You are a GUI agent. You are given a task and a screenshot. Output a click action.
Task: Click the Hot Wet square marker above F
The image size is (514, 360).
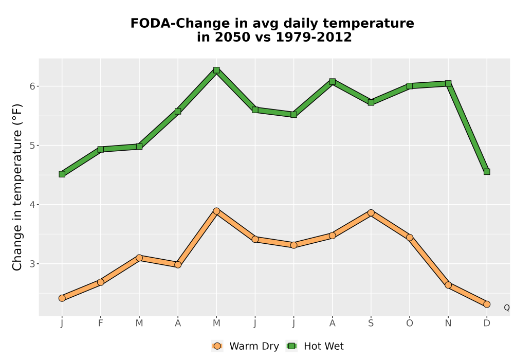tap(101, 149)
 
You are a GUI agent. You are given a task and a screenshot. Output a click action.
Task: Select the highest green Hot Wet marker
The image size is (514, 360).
tap(216, 70)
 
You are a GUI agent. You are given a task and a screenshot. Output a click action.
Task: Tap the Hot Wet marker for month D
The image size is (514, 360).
tap(487, 171)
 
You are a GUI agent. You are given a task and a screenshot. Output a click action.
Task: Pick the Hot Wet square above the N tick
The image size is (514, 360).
tap(448, 84)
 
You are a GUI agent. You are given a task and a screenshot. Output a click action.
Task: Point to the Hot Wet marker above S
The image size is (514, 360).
tap(371, 102)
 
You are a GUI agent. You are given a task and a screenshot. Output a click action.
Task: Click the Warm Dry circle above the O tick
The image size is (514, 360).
tap(410, 238)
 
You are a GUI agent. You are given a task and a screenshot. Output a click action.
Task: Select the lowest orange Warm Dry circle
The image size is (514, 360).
tap(487, 304)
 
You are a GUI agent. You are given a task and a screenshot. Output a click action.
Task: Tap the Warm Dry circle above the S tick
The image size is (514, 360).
tap(371, 213)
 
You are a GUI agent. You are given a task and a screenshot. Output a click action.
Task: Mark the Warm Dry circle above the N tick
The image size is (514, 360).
tap(448, 285)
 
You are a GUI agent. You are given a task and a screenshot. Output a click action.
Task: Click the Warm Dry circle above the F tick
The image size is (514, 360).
tap(101, 282)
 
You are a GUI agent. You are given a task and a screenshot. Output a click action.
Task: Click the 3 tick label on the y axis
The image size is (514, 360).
tap(32, 264)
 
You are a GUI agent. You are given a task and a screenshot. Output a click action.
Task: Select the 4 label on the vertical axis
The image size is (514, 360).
tap(32, 205)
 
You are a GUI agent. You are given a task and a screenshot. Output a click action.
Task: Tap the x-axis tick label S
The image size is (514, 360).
tap(371, 323)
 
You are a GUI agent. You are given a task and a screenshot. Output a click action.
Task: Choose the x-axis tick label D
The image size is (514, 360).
tap(487, 323)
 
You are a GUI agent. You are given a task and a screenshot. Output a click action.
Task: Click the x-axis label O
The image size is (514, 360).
tap(410, 323)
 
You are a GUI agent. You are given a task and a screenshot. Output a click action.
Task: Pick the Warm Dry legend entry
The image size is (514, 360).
tap(245, 346)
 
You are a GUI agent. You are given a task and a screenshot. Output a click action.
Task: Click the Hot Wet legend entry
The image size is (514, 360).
tap(315, 346)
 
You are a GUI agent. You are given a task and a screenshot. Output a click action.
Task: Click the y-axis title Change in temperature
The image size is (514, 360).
tap(17, 187)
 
